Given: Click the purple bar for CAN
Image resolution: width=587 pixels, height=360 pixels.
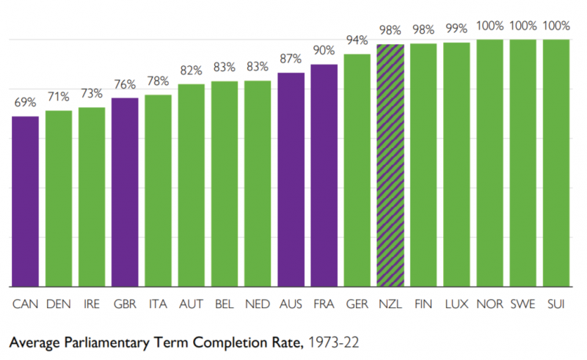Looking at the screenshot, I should coord(25,202).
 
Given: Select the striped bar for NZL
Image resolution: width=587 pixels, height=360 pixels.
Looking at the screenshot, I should coord(390,166).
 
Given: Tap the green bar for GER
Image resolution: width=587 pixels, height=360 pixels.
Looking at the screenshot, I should coord(357,170).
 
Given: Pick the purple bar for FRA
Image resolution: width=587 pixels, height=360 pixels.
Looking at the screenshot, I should coord(324,176).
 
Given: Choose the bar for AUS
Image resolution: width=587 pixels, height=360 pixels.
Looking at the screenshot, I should coord(291,180).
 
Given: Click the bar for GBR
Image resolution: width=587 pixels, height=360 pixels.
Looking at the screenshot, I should coord(125,192).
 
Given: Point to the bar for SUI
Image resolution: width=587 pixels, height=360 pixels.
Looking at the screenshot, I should coord(556,163).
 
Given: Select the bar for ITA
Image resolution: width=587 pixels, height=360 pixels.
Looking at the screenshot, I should coord(158,191).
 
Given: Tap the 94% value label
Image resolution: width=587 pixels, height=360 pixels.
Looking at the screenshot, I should coord(357,40).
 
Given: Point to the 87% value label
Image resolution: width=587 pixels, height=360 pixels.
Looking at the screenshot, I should coord(291,59).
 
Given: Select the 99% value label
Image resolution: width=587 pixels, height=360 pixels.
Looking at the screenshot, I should coord(456,29).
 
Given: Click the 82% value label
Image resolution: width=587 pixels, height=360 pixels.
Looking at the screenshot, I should coord(192,70).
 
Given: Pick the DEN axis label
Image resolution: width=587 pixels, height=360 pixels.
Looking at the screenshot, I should coord(58,303).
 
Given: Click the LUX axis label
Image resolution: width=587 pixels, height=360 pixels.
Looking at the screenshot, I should coord(456,303).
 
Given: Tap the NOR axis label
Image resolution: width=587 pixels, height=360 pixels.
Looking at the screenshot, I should coord(489,303).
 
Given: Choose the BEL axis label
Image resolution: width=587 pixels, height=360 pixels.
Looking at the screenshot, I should coord(225,303).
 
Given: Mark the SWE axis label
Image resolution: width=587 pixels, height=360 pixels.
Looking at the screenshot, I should coord(523,303).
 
